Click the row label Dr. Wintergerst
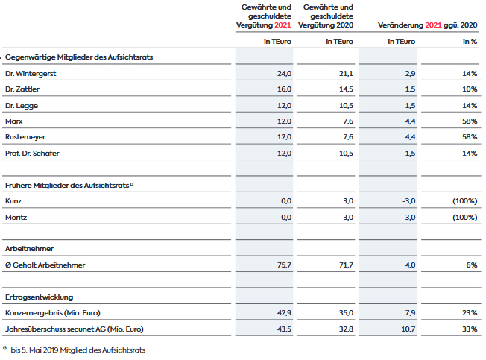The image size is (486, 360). pos(31,74)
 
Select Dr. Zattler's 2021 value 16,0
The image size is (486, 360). pos(284,89)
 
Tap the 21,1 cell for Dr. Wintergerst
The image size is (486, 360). pos(346,74)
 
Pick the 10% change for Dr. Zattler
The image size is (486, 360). pos(470,89)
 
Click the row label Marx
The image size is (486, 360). pos(14,121)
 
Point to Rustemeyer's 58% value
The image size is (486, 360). pos(470,137)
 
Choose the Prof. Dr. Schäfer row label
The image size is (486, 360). pos(32,153)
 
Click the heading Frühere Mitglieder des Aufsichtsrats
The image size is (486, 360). pos(67,186)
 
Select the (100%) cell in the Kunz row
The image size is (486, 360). pos(465,201)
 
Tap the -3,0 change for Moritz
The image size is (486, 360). pos(408,217)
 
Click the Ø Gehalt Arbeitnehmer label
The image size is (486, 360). pos(45,265)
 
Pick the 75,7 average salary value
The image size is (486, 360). pos(284,265)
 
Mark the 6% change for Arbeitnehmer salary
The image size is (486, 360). pos(472,265)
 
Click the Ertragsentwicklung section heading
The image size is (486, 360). pos(39,297)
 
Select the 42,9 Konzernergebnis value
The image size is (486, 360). pos(284,313)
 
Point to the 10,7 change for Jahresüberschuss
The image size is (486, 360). pos(408,329)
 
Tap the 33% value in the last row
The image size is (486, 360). pos(470,329)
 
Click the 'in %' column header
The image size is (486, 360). pos(470,42)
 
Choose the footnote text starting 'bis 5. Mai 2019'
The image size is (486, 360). pos(78,350)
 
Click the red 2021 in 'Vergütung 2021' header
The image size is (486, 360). pos(283,25)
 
